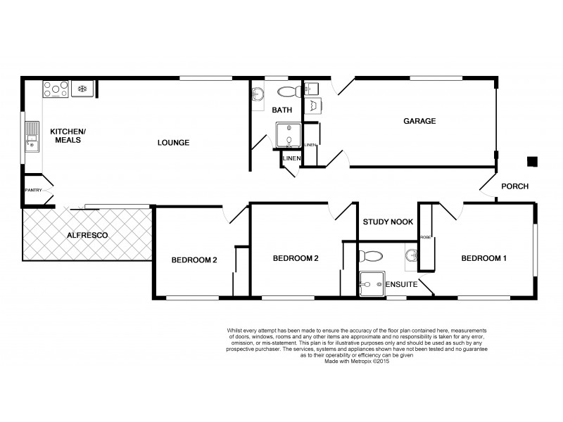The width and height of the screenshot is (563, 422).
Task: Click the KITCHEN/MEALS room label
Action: (67, 136)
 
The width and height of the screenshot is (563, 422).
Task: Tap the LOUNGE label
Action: (173, 143)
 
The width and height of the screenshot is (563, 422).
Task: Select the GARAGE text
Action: (419, 121)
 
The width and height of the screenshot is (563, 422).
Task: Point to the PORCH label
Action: (514, 186)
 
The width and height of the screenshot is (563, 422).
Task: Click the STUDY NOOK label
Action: (387, 222)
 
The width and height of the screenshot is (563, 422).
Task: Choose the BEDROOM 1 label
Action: (483, 258)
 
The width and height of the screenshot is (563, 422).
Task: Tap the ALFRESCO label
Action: (87, 235)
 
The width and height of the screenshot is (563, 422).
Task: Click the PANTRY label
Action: (33, 190)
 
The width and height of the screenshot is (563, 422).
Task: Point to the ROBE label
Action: (425, 238)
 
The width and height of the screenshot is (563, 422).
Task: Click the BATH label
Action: (283, 110)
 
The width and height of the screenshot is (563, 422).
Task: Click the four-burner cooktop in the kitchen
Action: (56, 89)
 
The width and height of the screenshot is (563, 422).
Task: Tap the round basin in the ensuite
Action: (411, 255)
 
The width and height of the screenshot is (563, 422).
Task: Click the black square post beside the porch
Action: (533, 161)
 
